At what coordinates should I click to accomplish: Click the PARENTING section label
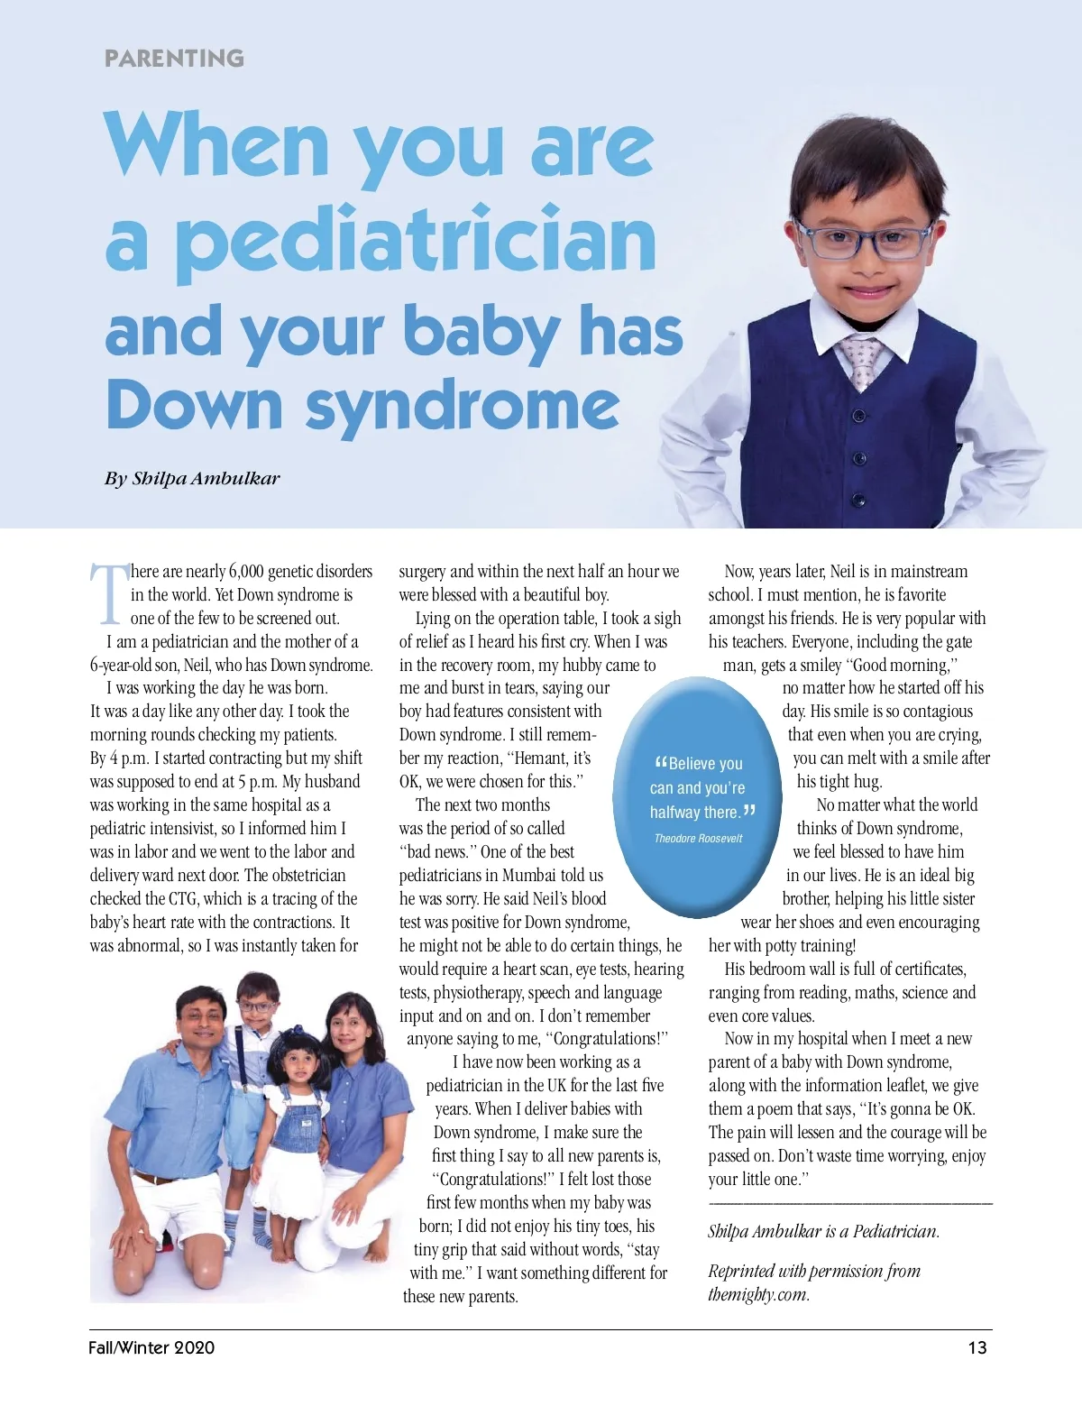click(x=174, y=59)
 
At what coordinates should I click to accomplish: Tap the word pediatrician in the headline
click(x=416, y=241)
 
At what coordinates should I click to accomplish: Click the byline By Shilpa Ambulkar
click(x=192, y=478)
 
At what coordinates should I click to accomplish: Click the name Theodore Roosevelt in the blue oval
click(x=698, y=839)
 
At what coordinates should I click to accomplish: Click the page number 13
click(x=977, y=1348)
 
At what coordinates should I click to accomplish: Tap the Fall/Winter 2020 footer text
click(x=151, y=1348)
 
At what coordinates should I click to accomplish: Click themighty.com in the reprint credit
click(x=757, y=1295)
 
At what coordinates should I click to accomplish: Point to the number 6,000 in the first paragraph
click(x=245, y=572)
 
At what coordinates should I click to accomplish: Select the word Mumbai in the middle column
click(x=539, y=876)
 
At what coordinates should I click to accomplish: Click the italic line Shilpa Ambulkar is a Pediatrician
click(x=823, y=1232)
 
